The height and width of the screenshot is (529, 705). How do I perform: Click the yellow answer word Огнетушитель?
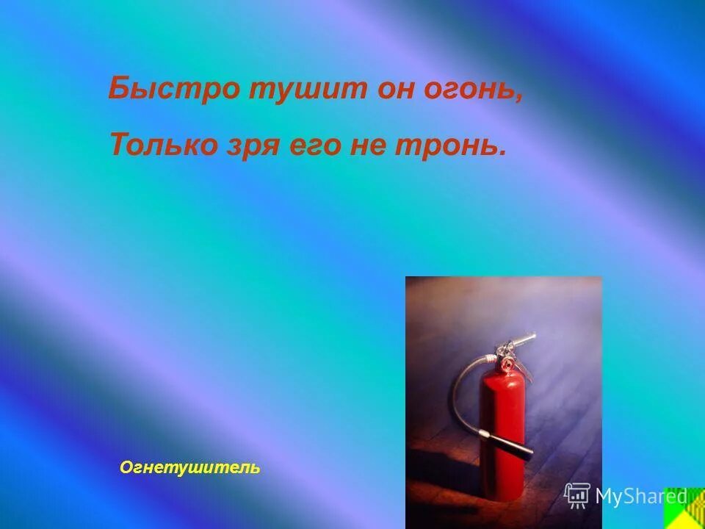pos(189,467)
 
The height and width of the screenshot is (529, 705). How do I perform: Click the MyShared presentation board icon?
pos(577,495)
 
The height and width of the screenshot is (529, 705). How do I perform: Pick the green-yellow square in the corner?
pos(684,508)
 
